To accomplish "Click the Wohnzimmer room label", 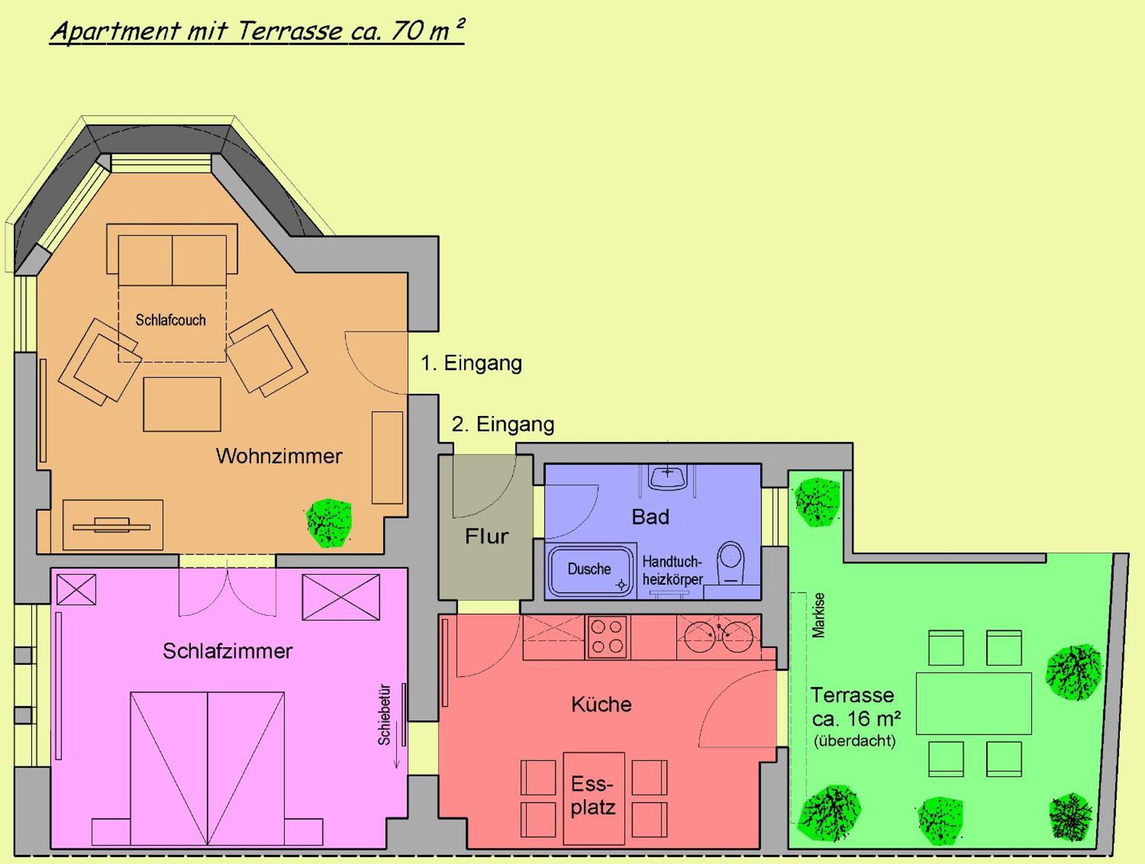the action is [x=279, y=456].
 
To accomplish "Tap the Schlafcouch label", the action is [x=170, y=320].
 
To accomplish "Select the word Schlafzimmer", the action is [x=228, y=651].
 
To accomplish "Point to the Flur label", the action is [x=487, y=537].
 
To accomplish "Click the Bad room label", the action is [x=651, y=517].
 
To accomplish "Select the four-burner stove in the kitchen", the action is [x=607, y=637].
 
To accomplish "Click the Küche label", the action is [x=602, y=705].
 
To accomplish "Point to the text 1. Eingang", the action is [x=471, y=363].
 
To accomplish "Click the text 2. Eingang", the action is [x=503, y=425].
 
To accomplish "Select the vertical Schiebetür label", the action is [x=384, y=715].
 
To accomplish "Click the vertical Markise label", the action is [x=818, y=615].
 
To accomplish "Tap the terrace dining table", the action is [x=974, y=704].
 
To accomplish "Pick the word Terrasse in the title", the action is [x=290, y=31].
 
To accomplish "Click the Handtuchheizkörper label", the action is [x=673, y=571].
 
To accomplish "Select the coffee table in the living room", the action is [x=182, y=404].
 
